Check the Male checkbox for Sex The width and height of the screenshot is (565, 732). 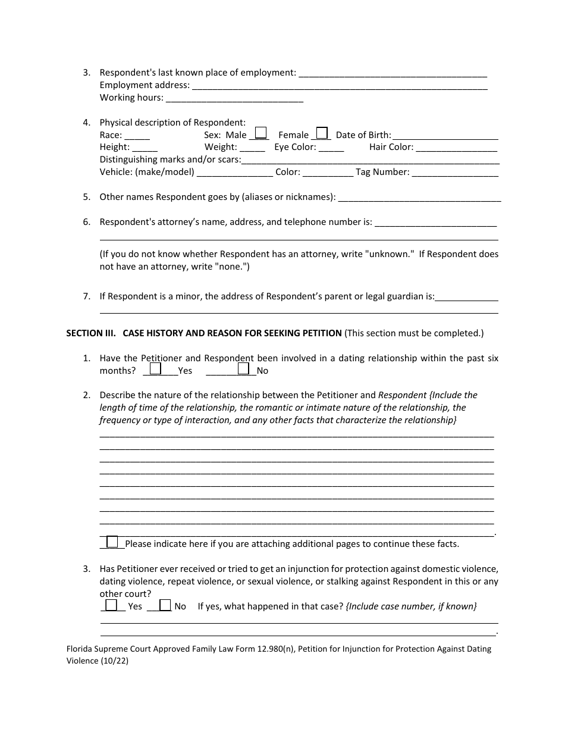click(260, 133)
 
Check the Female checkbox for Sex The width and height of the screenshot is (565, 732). click(322, 133)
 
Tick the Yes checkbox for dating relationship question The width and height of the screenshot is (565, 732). click(155, 369)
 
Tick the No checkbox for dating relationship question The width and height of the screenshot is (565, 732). click(243, 369)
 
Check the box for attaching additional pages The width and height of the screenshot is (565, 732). click(112, 542)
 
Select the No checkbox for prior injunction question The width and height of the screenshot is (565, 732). click(166, 605)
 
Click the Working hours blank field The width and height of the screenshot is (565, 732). click(234, 98)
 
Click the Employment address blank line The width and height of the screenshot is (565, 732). click(340, 86)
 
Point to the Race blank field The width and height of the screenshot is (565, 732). click(137, 136)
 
